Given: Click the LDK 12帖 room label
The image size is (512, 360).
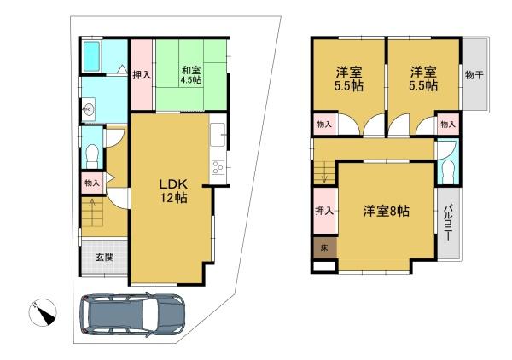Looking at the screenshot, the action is (173, 190).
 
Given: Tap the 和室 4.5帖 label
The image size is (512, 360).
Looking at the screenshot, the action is (191, 75).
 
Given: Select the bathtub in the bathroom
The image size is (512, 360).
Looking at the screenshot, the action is (91, 56).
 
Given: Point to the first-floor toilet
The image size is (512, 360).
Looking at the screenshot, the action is (92, 156).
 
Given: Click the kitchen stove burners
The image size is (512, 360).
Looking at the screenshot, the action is (218, 167).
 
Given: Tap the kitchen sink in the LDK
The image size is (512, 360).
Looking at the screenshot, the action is (218, 135).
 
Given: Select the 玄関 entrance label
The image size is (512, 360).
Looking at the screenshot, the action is (104, 257).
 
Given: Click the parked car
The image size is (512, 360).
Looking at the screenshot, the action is (133, 314).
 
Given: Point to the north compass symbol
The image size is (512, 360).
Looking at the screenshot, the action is (43, 312).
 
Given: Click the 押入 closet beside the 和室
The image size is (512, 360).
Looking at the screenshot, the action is (142, 75).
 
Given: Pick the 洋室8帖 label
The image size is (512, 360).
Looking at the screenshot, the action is (386, 211).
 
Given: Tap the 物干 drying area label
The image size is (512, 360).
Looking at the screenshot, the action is (474, 75).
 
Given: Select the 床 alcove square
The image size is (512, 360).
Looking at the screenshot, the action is (324, 247).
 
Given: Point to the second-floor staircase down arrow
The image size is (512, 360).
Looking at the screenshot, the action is (324, 172).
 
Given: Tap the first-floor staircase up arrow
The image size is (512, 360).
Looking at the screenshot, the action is (92, 212).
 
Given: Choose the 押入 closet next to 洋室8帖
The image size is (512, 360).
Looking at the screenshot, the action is (324, 211).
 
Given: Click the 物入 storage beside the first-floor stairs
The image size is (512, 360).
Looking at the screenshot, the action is (92, 183).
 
